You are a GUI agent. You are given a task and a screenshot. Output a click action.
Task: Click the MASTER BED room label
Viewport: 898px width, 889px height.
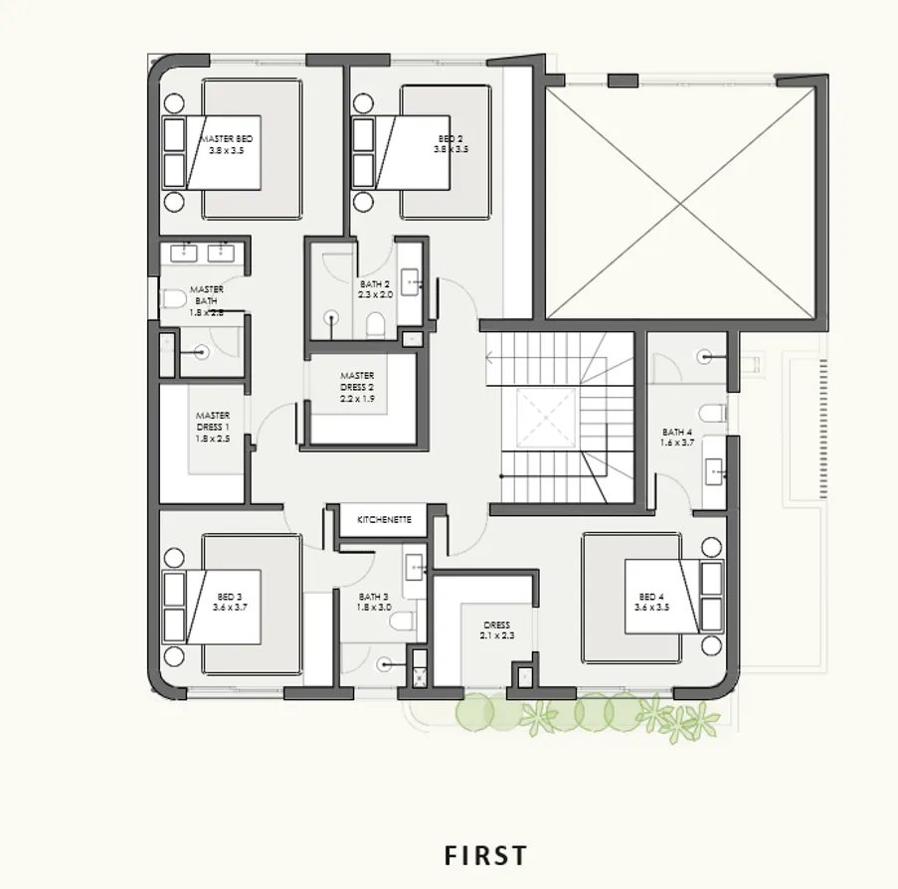click(x=226, y=144)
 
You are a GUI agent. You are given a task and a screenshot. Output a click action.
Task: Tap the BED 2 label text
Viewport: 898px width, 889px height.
click(x=450, y=144)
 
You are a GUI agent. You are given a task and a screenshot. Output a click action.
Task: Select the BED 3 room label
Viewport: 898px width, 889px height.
click(x=230, y=602)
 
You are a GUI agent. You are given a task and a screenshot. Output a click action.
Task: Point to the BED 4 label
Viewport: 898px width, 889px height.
click(x=650, y=602)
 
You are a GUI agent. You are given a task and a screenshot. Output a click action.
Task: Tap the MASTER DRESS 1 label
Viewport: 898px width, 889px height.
click(x=213, y=427)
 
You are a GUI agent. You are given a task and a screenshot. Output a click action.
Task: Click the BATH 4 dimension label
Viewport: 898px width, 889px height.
click(x=677, y=438)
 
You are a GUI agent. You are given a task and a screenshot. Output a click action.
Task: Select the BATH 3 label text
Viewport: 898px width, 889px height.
click(x=374, y=602)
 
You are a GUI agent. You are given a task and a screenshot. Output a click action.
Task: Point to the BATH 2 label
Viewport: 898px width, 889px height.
click(x=376, y=289)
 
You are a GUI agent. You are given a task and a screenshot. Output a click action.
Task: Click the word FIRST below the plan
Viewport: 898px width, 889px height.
click(x=485, y=855)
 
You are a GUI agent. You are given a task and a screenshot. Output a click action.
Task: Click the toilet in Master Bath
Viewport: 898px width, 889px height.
click(x=173, y=298)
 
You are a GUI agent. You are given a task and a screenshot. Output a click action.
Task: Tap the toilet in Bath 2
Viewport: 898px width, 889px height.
click(x=376, y=324)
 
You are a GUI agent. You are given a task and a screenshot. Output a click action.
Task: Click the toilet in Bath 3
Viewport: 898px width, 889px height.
click(x=403, y=622)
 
